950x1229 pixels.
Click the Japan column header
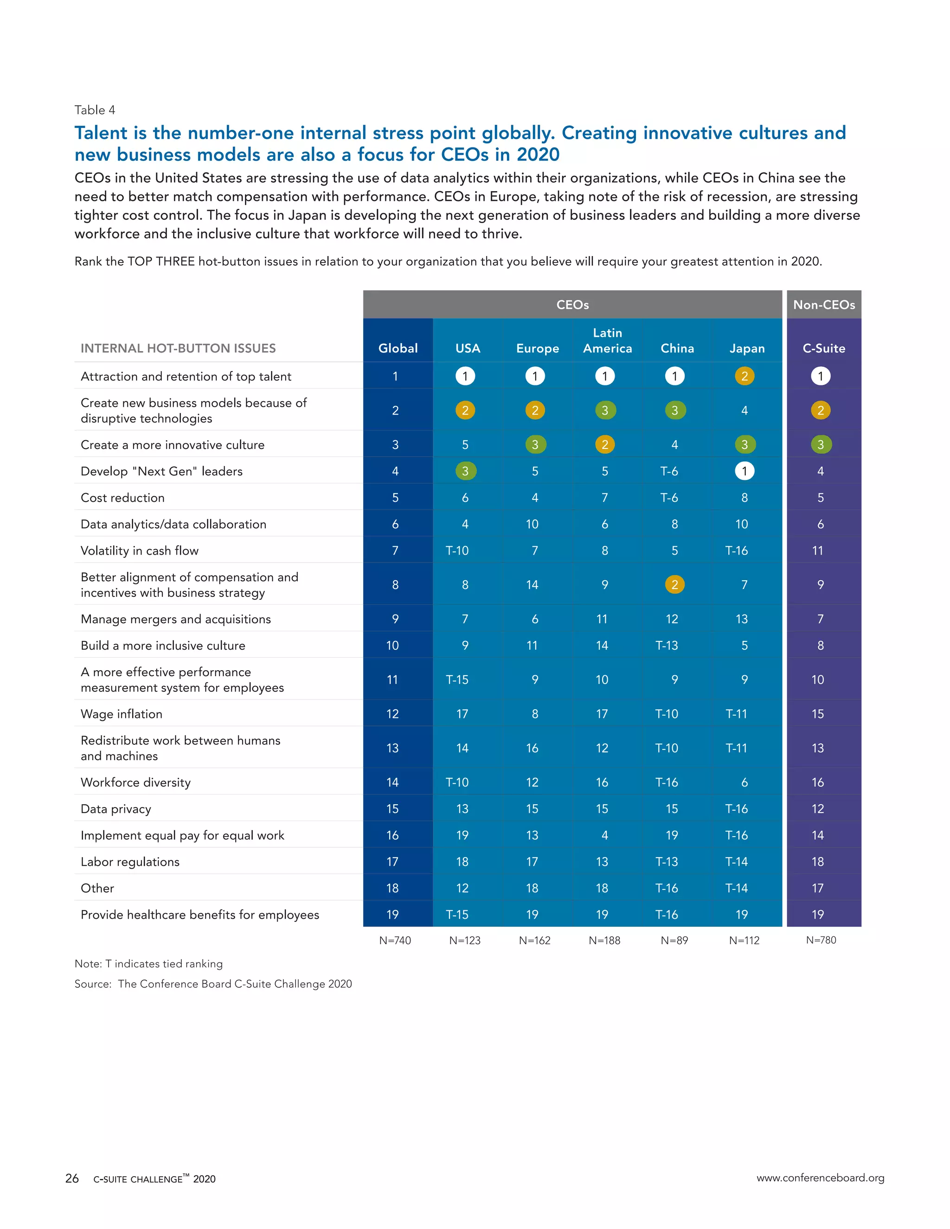click(747, 348)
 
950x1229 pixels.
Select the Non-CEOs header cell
click(823, 304)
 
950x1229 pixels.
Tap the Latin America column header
click(607, 340)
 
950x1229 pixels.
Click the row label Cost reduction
click(122, 498)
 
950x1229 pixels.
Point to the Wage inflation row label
click(122, 714)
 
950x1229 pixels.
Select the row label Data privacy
click(116, 809)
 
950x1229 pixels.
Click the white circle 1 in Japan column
click(744, 471)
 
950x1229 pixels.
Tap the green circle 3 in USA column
click(465, 471)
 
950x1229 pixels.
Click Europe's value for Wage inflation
click(535, 714)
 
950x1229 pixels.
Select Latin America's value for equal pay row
click(604, 835)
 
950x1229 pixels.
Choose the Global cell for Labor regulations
click(392, 862)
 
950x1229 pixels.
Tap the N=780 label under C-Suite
click(821, 940)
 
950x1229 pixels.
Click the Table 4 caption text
click(95, 110)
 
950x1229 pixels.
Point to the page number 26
click(72, 1178)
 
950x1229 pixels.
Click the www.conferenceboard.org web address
click(820, 1177)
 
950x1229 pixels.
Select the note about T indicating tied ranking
click(148, 963)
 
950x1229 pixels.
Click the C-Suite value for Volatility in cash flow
click(818, 550)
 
